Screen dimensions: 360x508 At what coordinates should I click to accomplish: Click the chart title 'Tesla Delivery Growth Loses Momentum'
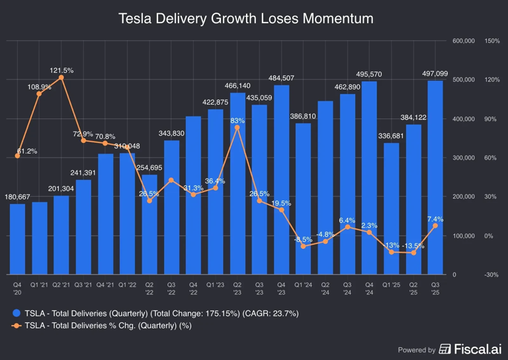[x=245, y=19]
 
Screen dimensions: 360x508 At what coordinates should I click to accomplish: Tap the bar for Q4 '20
[x=18, y=239]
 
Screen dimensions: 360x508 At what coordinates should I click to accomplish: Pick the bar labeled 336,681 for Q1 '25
[x=392, y=208]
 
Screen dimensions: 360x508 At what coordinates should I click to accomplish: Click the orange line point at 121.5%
[x=62, y=77]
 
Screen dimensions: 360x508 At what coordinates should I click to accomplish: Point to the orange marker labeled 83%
[x=237, y=128]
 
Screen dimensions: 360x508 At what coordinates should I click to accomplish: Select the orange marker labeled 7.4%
[x=435, y=226]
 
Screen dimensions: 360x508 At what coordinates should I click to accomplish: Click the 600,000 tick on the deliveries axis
[x=464, y=41]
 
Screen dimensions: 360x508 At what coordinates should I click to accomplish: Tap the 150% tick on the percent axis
[x=492, y=41]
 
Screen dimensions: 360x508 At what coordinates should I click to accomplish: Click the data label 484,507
[x=281, y=78]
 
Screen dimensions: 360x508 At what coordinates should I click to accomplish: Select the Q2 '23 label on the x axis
[x=237, y=289]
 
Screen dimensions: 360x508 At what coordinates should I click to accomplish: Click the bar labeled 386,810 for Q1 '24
[x=303, y=199]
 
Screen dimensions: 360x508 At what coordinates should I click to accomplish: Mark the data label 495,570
[x=369, y=74]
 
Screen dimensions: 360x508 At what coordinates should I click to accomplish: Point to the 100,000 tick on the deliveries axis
[x=464, y=236]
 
